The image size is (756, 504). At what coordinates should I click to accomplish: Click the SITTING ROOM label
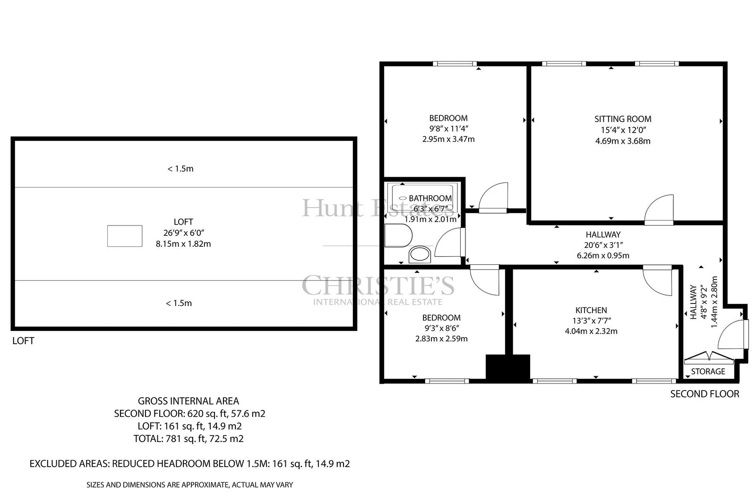[x=623, y=119]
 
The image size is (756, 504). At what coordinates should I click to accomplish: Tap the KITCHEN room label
[x=591, y=310]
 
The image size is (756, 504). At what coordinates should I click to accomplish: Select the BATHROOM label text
[x=430, y=198]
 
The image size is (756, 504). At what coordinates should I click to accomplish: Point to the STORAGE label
[x=708, y=372]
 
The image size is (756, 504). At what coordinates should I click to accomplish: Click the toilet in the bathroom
[x=398, y=235]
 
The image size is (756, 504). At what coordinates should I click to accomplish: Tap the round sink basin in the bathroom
[x=420, y=254]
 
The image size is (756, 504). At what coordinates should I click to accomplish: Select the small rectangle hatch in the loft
[x=125, y=236]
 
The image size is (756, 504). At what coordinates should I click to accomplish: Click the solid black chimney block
[x=507, y=368]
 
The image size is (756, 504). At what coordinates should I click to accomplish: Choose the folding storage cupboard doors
[x=709, y=358]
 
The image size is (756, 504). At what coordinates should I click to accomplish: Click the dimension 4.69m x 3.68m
[x=623, y=141]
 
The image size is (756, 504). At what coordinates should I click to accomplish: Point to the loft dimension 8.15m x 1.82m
[x=183, y=244]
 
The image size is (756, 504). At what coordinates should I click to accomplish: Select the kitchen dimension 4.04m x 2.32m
[x=591, y=331]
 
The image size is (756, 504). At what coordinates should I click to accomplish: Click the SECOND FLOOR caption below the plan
[x=704, y=394]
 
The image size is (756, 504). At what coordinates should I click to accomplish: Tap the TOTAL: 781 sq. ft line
[x=189, y=438]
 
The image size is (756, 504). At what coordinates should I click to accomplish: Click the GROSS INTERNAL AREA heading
[x=189, y=401]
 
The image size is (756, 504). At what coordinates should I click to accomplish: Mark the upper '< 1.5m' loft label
[x=180, y=169]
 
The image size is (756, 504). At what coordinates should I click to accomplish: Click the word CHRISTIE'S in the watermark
[x=378, y=285]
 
